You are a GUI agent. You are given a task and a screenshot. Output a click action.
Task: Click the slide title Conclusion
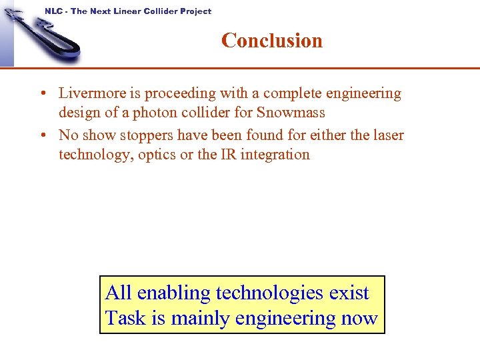point(271,41)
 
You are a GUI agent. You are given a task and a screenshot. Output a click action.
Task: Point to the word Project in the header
point(195,11)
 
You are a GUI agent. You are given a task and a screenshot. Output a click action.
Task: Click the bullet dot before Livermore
point(43,94)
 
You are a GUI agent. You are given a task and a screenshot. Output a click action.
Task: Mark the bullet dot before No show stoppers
point(43,135)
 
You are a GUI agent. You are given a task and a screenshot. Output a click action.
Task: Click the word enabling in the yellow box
point(174,293)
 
